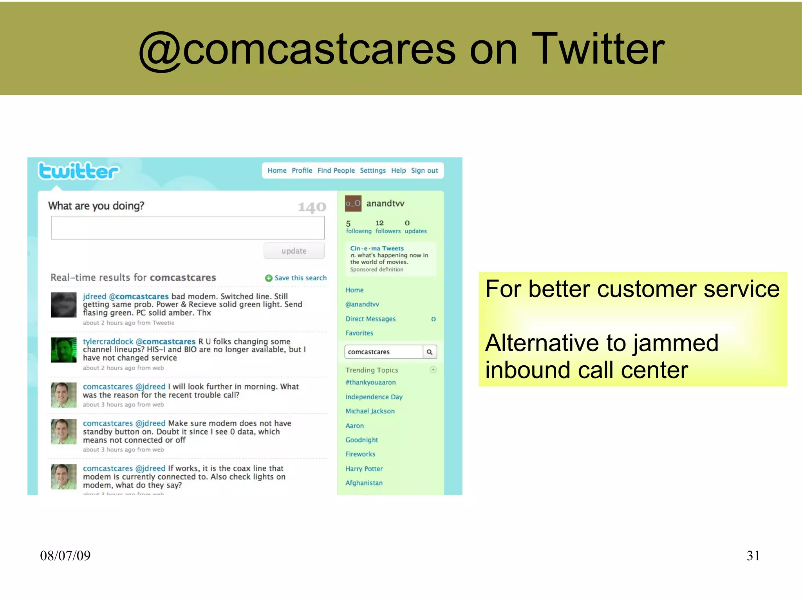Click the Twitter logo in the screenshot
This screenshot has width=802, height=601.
(78, 171)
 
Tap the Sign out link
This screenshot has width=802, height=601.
(424, 171)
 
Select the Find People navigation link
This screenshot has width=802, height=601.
(336, 171)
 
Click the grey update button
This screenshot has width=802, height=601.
(294, 251)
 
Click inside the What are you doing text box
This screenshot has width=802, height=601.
(188, 227)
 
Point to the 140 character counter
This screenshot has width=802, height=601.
(312, 207)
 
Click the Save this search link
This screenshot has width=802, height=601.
(300, 278)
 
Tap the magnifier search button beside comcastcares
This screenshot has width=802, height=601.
(430, 352)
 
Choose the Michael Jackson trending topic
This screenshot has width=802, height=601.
(370, 411)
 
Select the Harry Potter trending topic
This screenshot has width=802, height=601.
(364, 469)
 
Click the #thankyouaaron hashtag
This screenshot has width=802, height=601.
(370, 383)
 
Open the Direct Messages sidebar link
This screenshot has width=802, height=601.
(370, 319)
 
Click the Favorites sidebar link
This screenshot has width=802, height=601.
(359, 333)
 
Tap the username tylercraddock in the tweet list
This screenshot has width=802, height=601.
(108, 341)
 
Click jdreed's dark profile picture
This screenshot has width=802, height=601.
(64, 305)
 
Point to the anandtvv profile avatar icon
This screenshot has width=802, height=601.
(353, 204)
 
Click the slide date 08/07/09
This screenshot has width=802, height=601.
(65, 556)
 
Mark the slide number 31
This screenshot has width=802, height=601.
(753, 556)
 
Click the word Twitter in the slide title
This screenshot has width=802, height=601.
(598, 49)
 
